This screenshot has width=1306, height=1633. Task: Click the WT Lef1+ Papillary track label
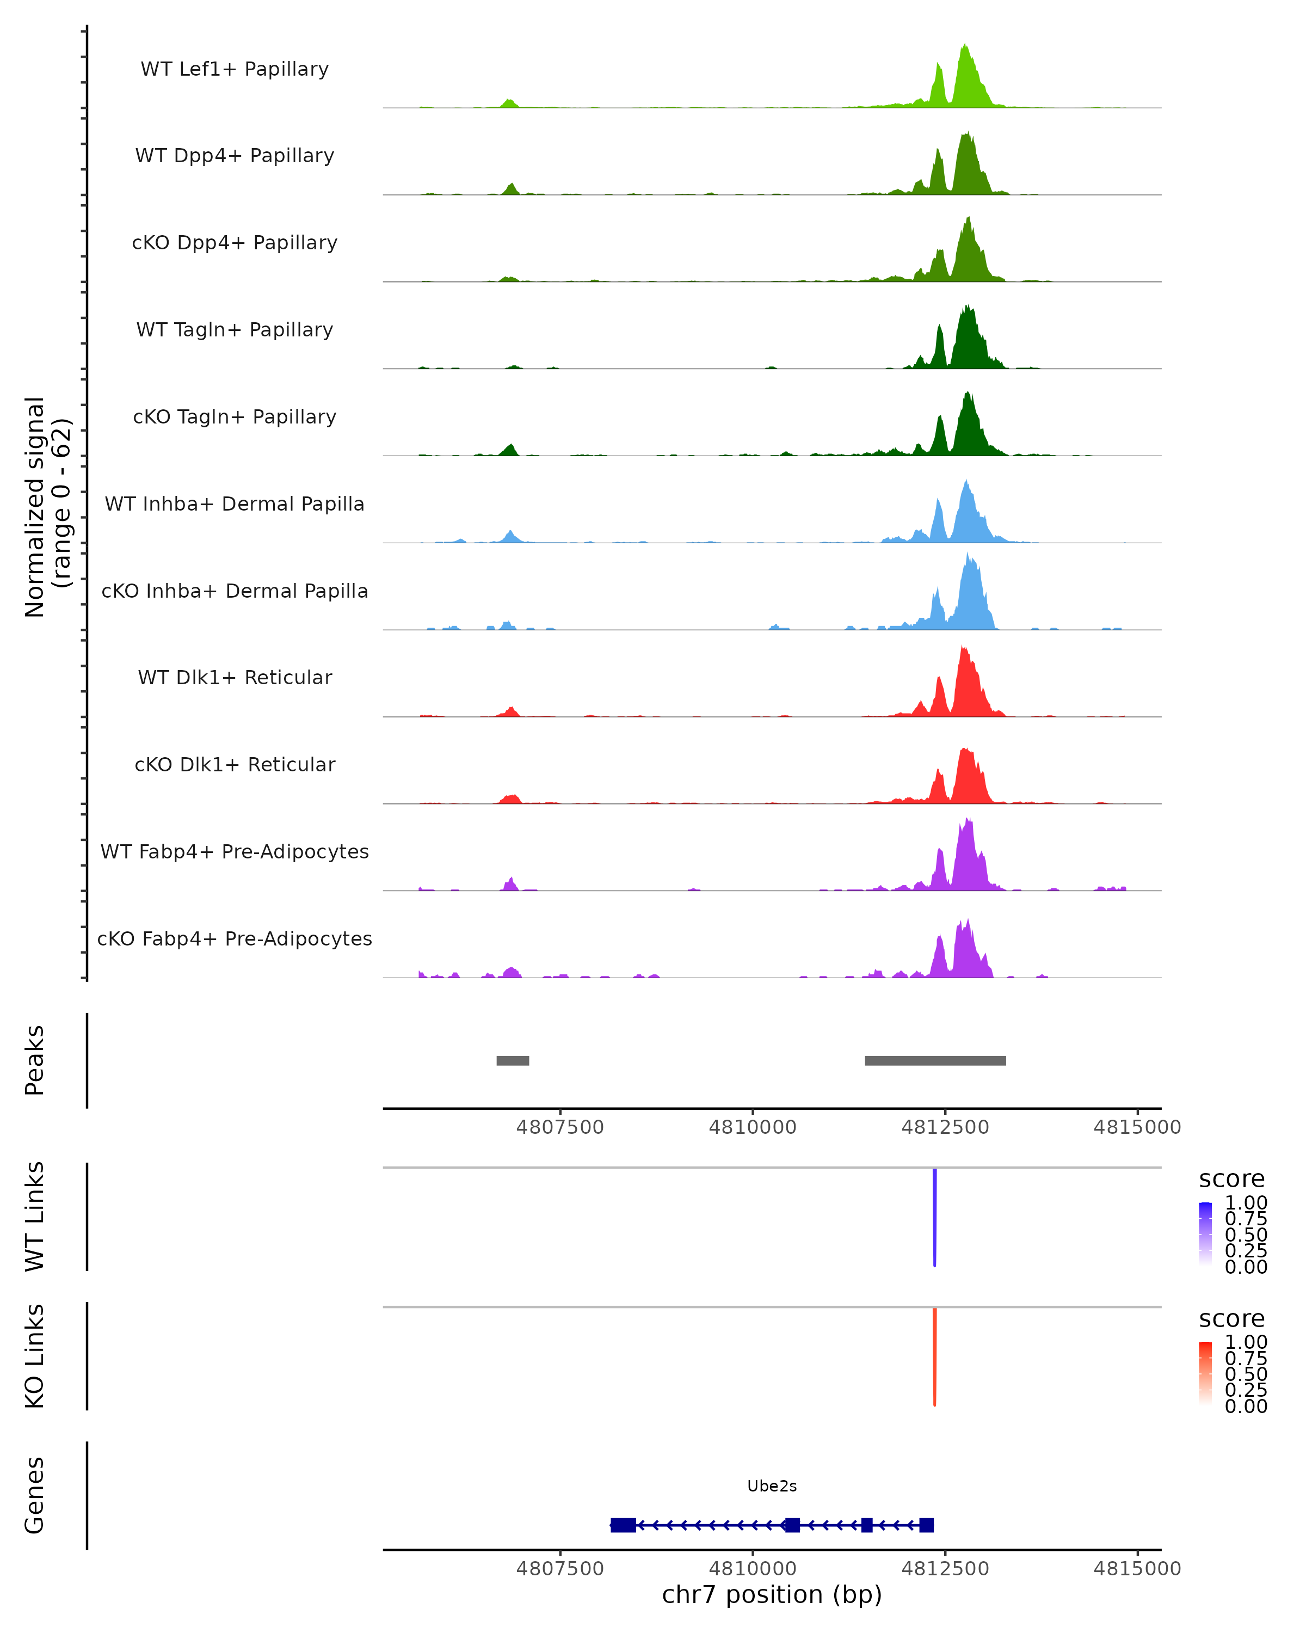click(235, 69)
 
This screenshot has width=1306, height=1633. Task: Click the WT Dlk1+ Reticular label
click(235, 677)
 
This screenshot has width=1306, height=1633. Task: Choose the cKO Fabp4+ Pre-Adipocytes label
click(235, 938)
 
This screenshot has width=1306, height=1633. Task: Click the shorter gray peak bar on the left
click(513, 1060)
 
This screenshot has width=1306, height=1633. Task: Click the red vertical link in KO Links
click(935, 1356)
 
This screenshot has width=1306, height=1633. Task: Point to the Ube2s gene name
click(772, 1486)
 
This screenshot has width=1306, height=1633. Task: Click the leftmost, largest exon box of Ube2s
click(623, 1525)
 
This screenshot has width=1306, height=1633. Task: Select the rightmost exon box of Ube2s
click(926, 1525)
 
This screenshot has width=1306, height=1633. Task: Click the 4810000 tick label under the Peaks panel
click(753, 1127)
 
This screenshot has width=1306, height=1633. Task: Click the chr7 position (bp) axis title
click(772, 1594)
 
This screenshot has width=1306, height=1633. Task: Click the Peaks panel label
click(35, 1060)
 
